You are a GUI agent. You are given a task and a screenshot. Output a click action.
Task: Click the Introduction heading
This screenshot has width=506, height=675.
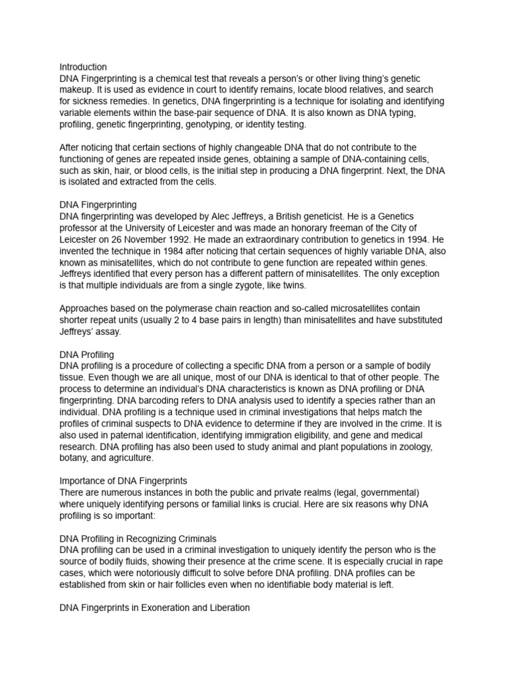pos(83,67)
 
